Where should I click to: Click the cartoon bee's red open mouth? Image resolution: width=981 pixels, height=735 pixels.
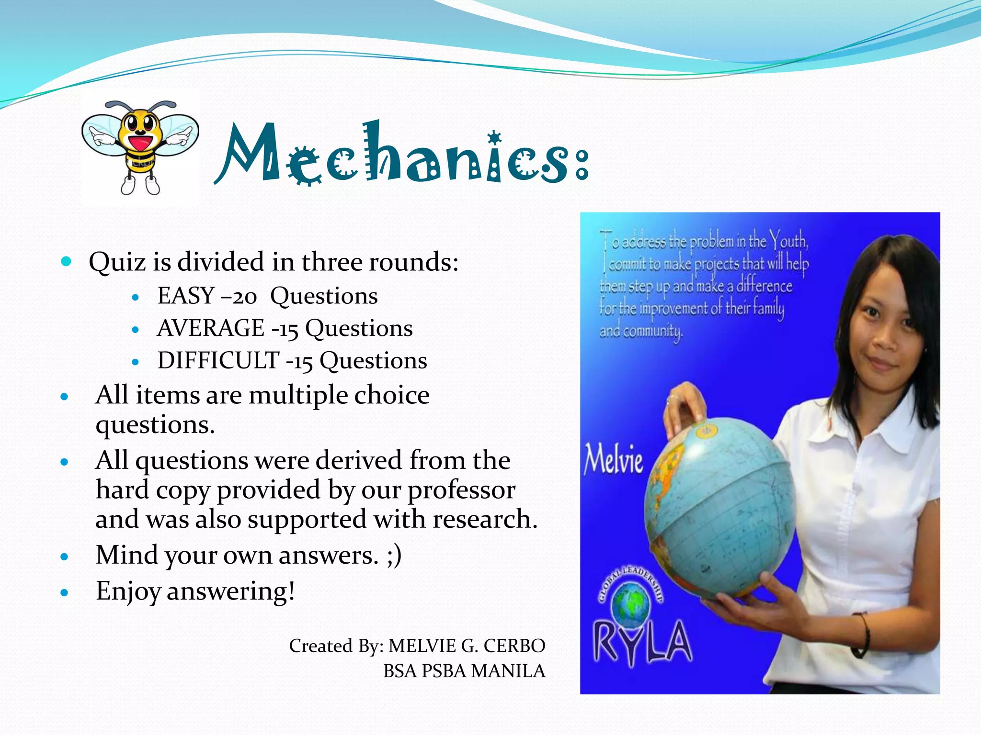pyautogui.click(x=140, y=143)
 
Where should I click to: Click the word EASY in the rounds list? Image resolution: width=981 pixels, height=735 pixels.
pyautogui.click(x=186, y=296)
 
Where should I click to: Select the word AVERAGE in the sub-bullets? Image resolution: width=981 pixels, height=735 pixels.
pyautogui.click(x=211, y=328)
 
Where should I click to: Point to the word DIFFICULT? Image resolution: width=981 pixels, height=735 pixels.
pyautogui.click(x=218, y=361)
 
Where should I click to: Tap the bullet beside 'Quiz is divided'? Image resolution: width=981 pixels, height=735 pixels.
pyautogui.click(x=66, y=261)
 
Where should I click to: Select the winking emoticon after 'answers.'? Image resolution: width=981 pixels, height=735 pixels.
pyautogui.click(x=394, y=555)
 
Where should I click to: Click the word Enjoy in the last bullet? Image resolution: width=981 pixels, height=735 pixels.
pyautogui.click(x=128, y=591)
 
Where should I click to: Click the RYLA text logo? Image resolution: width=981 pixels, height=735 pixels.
pyautogui.click(x=642, y=641)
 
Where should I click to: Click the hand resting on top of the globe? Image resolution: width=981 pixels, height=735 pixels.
pyautogui.click(x=685, y=407)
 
